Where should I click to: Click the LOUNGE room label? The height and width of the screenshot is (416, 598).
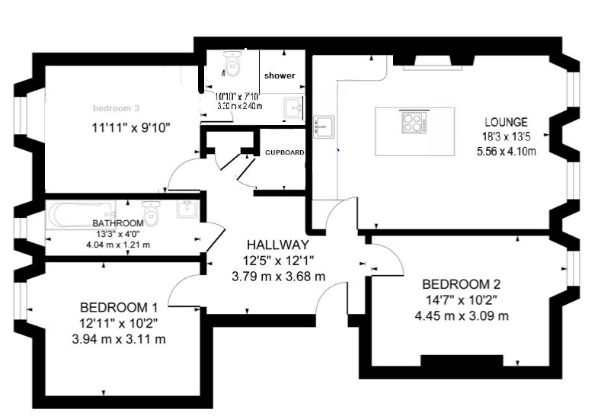[507, 122]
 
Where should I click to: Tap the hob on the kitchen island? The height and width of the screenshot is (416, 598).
[415, 122]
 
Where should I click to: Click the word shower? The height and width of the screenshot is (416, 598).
[280, 75]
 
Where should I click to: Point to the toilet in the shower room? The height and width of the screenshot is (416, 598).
[232, 67]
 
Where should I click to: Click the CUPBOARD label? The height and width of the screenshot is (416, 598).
[285, 152]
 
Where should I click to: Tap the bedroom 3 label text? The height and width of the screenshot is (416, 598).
[116, 108]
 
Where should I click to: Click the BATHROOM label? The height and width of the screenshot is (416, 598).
[118, 223]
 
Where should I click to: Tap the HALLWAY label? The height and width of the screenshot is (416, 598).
[278, 245]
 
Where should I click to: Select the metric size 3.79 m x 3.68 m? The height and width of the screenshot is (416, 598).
[278, 277]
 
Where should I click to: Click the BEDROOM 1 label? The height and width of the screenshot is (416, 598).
[119, 307]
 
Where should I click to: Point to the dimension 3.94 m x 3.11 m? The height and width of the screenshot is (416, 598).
[118, 339]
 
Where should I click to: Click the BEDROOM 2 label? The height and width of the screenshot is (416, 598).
[462, 284]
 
